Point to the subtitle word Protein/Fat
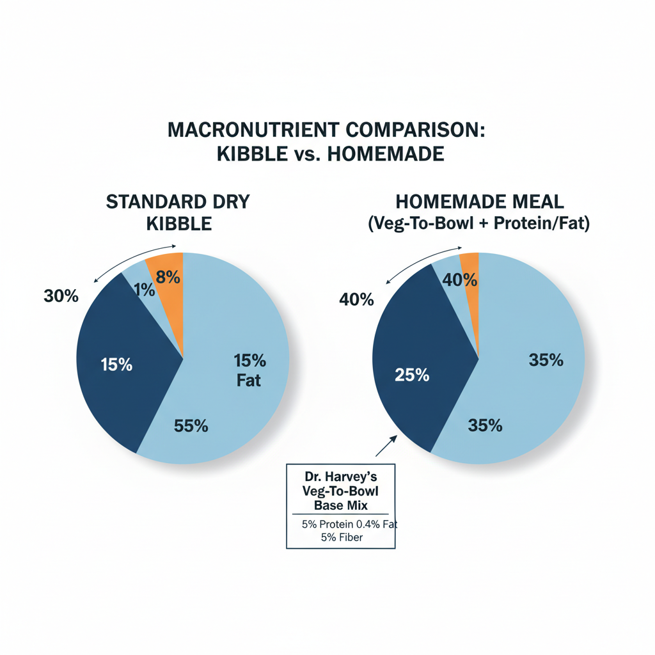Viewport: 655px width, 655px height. (541, 225)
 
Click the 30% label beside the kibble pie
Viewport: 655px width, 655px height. (61, 296)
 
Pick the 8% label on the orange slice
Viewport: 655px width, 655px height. (168, 278)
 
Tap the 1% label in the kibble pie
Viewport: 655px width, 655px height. (145, 290)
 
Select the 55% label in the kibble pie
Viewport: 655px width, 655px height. (191, 426)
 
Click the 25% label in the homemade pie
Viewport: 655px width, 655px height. (412, 375)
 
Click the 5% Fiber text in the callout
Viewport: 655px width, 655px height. (342, 537)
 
